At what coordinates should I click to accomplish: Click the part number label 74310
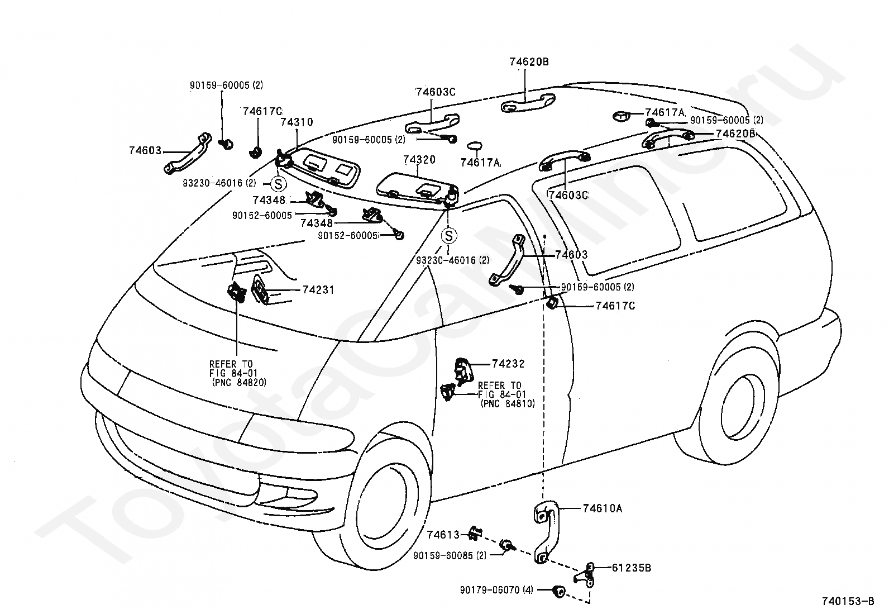297,122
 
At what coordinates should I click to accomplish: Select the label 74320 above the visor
419,160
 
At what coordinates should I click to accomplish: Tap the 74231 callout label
318,290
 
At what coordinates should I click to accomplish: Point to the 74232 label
508,364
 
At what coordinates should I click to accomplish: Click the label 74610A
603,508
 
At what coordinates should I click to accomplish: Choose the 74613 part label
443,535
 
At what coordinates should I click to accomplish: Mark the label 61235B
632,568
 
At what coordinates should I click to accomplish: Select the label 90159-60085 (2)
450,556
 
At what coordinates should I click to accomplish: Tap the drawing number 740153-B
848,601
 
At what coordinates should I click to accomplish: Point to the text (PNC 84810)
508,404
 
